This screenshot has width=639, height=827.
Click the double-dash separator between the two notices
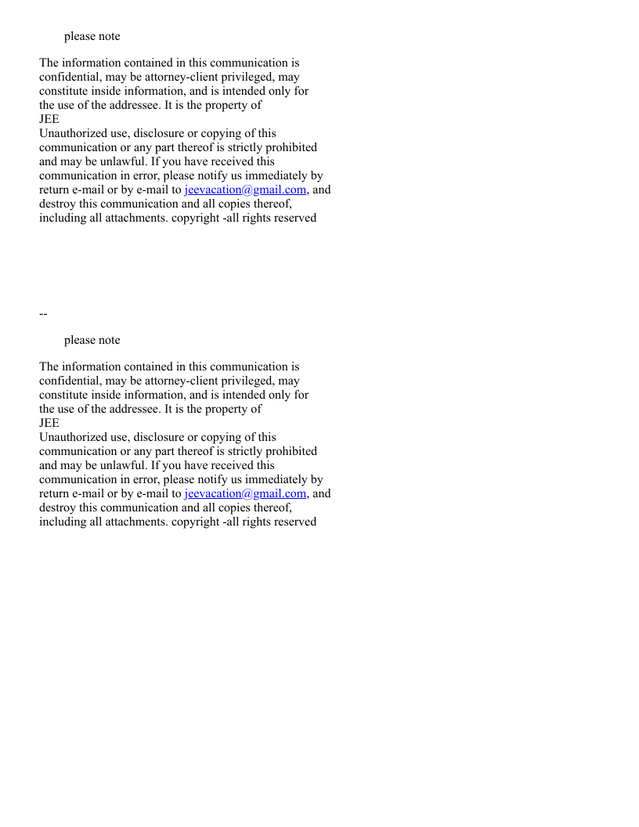[43, 314]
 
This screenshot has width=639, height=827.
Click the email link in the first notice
[245, 190]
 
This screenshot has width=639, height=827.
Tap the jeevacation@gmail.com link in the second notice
[245, 493]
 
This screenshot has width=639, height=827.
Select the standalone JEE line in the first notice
[49, 119]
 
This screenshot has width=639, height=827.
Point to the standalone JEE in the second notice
[49, 423]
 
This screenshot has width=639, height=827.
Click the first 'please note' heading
[92, 36]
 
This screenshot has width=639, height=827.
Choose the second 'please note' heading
[92, 340]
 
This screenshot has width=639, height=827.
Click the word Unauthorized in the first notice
[71, 133]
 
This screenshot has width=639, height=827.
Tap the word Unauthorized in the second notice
[71, 437]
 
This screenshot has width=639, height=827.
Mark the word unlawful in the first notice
[125, 161]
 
